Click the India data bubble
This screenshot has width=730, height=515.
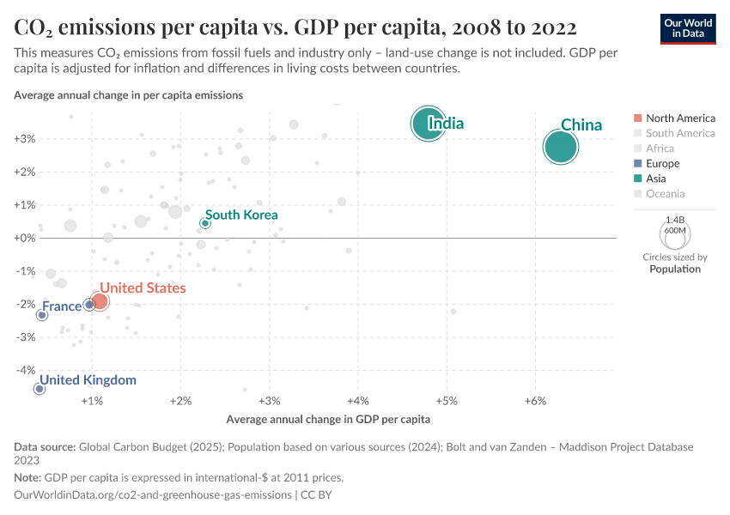coord(428,124)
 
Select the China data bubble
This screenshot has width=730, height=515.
coord(560,148)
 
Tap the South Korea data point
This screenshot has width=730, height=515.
coord(205,223)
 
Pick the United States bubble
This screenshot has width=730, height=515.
coord(100,301)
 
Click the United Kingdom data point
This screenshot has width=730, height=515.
coord(40,389)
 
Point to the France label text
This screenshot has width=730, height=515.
coord(62,306)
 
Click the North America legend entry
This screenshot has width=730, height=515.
coord(674,118)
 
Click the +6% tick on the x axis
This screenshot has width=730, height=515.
coord(535,402)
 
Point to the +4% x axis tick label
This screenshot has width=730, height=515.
coord(358,402)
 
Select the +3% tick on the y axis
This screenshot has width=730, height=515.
coord(24,138)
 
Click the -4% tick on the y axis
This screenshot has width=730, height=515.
coord(24,371)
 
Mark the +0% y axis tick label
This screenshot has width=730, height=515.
coord(24,238)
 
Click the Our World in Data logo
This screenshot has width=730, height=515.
coord(686,27)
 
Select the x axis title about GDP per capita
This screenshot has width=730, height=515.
coord(328,420)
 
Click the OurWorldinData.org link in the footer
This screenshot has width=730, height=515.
coord(152,495)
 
